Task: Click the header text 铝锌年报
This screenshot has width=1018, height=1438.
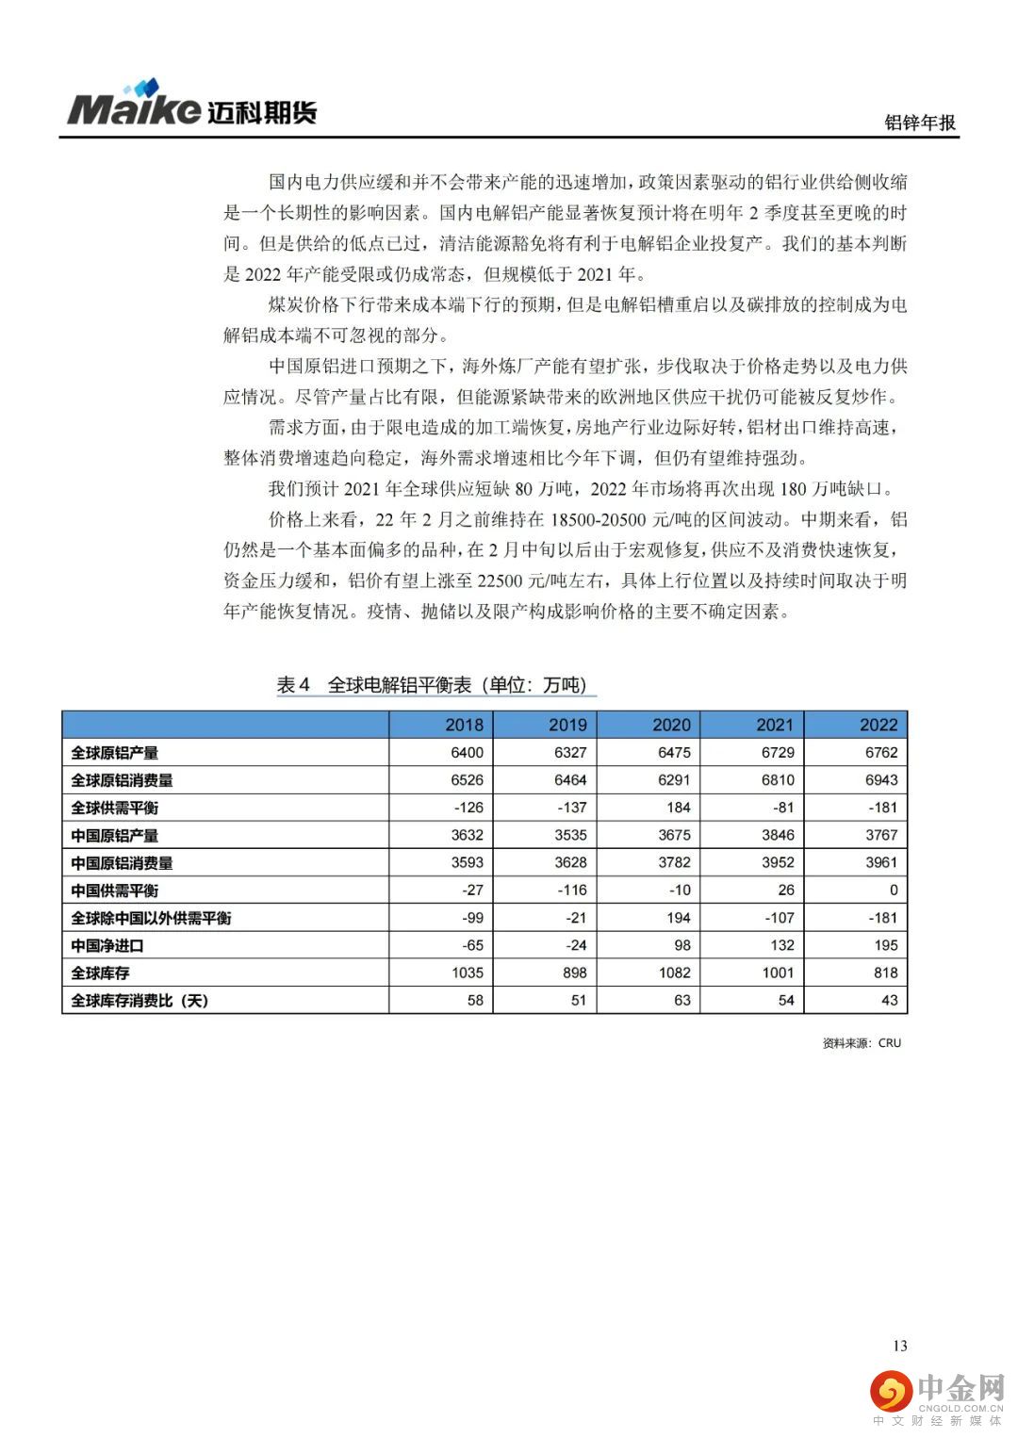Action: pyautogui.click(x=920, y=123)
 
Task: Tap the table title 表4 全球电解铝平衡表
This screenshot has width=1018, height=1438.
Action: pyautogui.click(x=436, y=685)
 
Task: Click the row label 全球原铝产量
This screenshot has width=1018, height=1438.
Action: pyautogui.click(x=115, y=753)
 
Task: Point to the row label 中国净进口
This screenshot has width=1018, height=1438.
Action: pyautogui.click(x=107, y=945)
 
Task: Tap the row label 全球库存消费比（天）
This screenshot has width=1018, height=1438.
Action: pyautogui.click(x=140, y=1001)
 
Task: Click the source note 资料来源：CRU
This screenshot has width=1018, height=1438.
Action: pyautogui.click(x=862, y=1043)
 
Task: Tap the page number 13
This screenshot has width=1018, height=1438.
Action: pyautogui.click(x=899, y=1346)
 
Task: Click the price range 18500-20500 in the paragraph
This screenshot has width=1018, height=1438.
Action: pyautogui.click(x=600, y=520)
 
